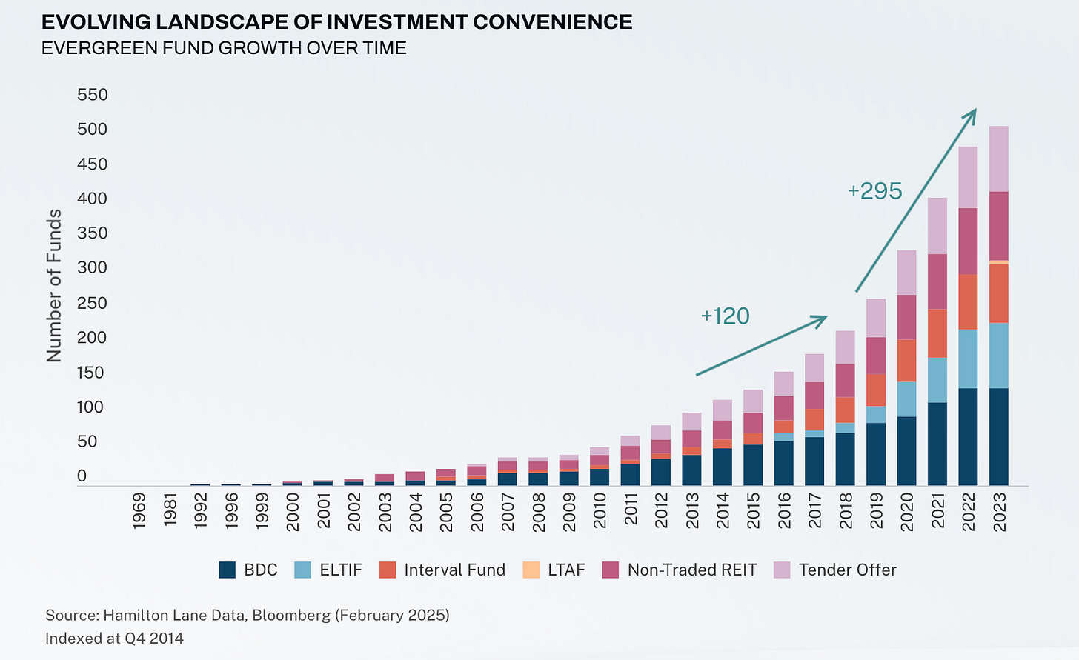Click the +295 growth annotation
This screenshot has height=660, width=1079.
point(874,191)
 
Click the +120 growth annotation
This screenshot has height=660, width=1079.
point(725,316)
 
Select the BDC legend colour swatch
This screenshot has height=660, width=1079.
point(228,570)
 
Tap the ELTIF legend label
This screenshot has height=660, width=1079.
point(341,570)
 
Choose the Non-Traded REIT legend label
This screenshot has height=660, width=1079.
point(691,570)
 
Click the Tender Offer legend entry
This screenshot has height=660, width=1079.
point(847,570)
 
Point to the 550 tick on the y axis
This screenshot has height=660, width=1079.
point(93,95)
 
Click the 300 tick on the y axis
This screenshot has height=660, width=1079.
point(93,267)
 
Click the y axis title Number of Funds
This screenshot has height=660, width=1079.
point(54,286)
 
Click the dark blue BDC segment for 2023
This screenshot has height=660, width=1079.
point(999,437)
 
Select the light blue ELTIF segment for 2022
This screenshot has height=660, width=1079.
point(968,359)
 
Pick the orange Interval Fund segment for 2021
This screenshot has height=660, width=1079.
point(937,333)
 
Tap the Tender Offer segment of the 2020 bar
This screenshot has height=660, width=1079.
point(906,273)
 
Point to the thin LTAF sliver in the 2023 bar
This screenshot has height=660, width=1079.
point(999,262)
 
